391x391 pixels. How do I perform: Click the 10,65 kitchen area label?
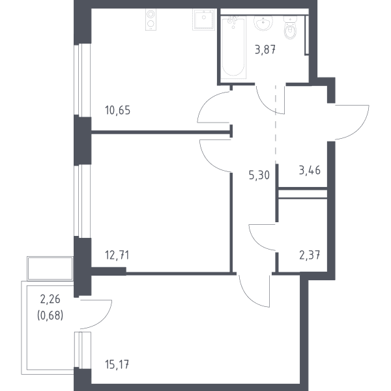[x=118, y=110]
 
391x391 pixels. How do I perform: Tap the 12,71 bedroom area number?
[x=117, y=255]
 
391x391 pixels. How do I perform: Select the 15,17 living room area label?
[x=117, y=364]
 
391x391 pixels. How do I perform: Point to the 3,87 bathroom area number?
[x=265, y=50]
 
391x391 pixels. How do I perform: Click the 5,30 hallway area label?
[x=259, y=175]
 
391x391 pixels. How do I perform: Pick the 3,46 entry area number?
[x=310, y=170]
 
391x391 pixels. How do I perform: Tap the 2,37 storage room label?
[x=310, y=255]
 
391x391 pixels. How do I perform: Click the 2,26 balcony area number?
[x=50, y=299]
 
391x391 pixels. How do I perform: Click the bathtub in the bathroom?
[x=234, y=47]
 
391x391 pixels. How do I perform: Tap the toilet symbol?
[x=291, y=28]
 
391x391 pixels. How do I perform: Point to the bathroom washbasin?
[x=263, y=23]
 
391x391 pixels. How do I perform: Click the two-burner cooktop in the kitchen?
[x=151, y=20]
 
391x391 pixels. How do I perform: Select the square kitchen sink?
[x=204, y=20]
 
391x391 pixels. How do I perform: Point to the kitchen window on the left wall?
[x=82, y=80]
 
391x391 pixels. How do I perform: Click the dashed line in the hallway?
[x=276, y=124]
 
